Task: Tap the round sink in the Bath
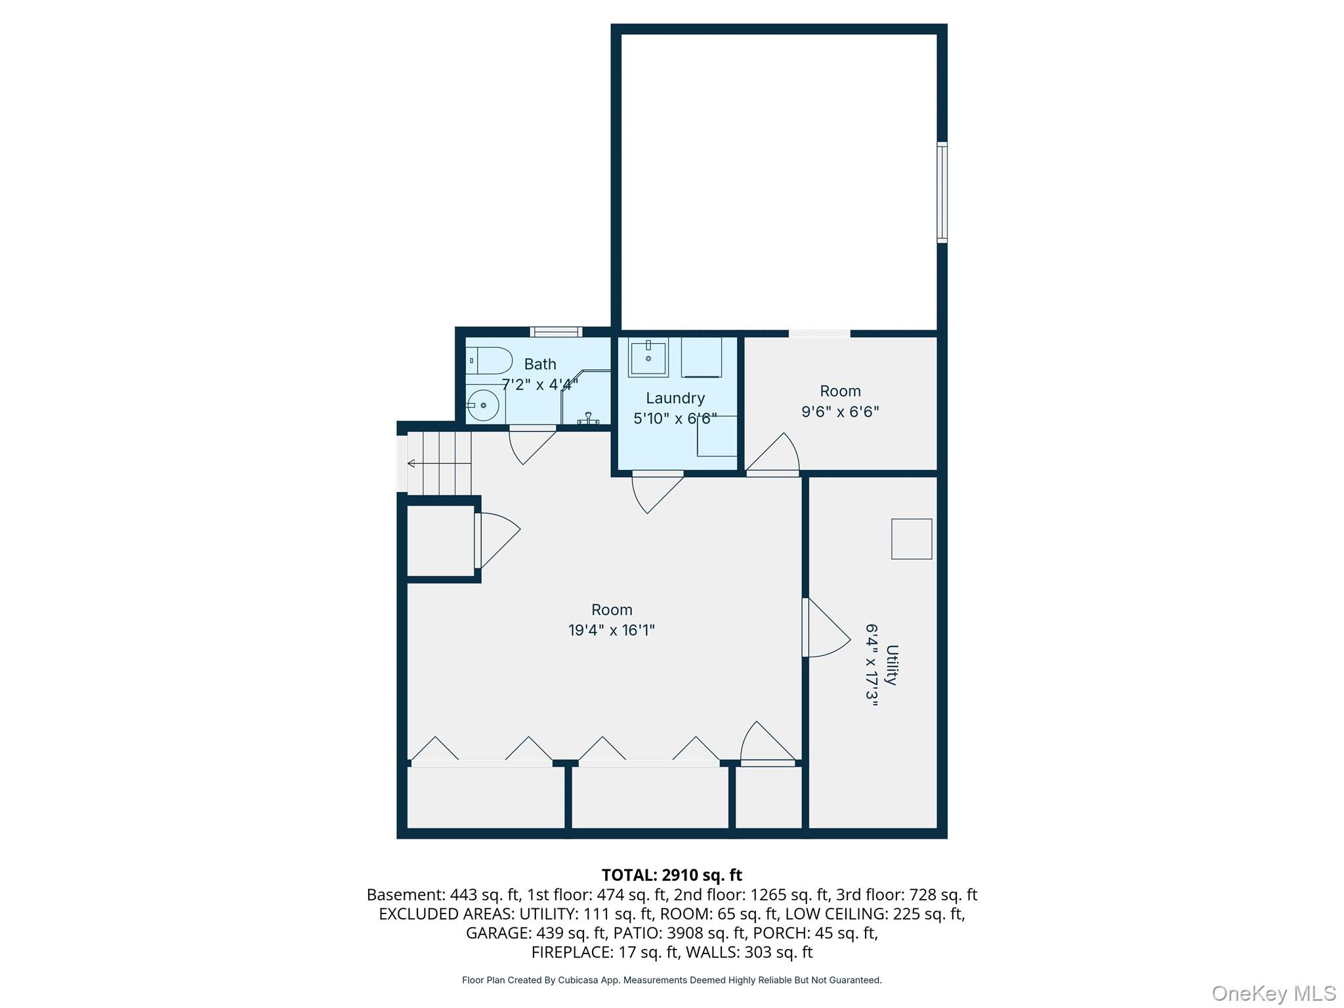click(484, 406)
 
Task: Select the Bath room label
click(539, 364)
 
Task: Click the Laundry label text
click(675, 398)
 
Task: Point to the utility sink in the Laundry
click(648, 358)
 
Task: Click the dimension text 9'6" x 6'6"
click(840, 412)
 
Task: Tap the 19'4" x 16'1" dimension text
click(611, 631)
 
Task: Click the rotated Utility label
click(891, 665)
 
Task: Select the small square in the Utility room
click(911, 539)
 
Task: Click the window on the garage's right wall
click(942, 192)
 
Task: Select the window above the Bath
click(555, 332)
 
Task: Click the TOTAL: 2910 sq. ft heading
click(671, 875)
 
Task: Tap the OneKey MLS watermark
click(1272, 994)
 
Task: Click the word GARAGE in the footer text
click(498, 933)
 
